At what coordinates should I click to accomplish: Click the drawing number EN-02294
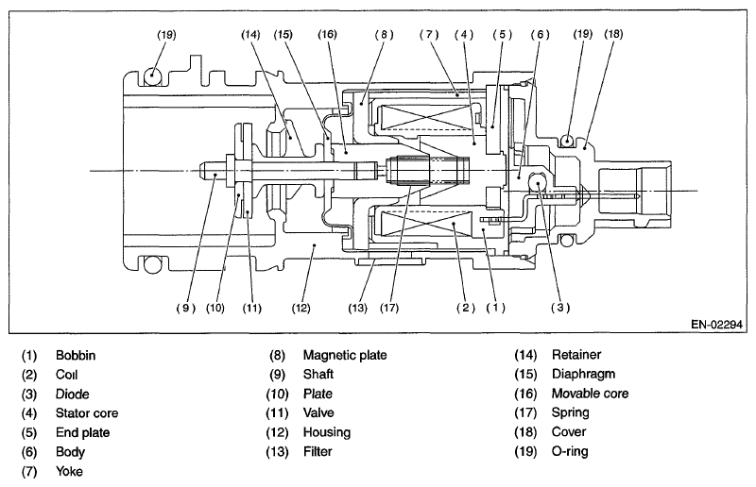(716, 323)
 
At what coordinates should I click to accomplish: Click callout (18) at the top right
(612, 34)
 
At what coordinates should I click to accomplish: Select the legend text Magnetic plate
(345, 356)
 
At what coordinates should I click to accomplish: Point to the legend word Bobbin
(77, 356)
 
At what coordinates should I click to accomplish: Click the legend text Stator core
(86, 412)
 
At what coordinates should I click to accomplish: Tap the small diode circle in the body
(538, 183)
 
